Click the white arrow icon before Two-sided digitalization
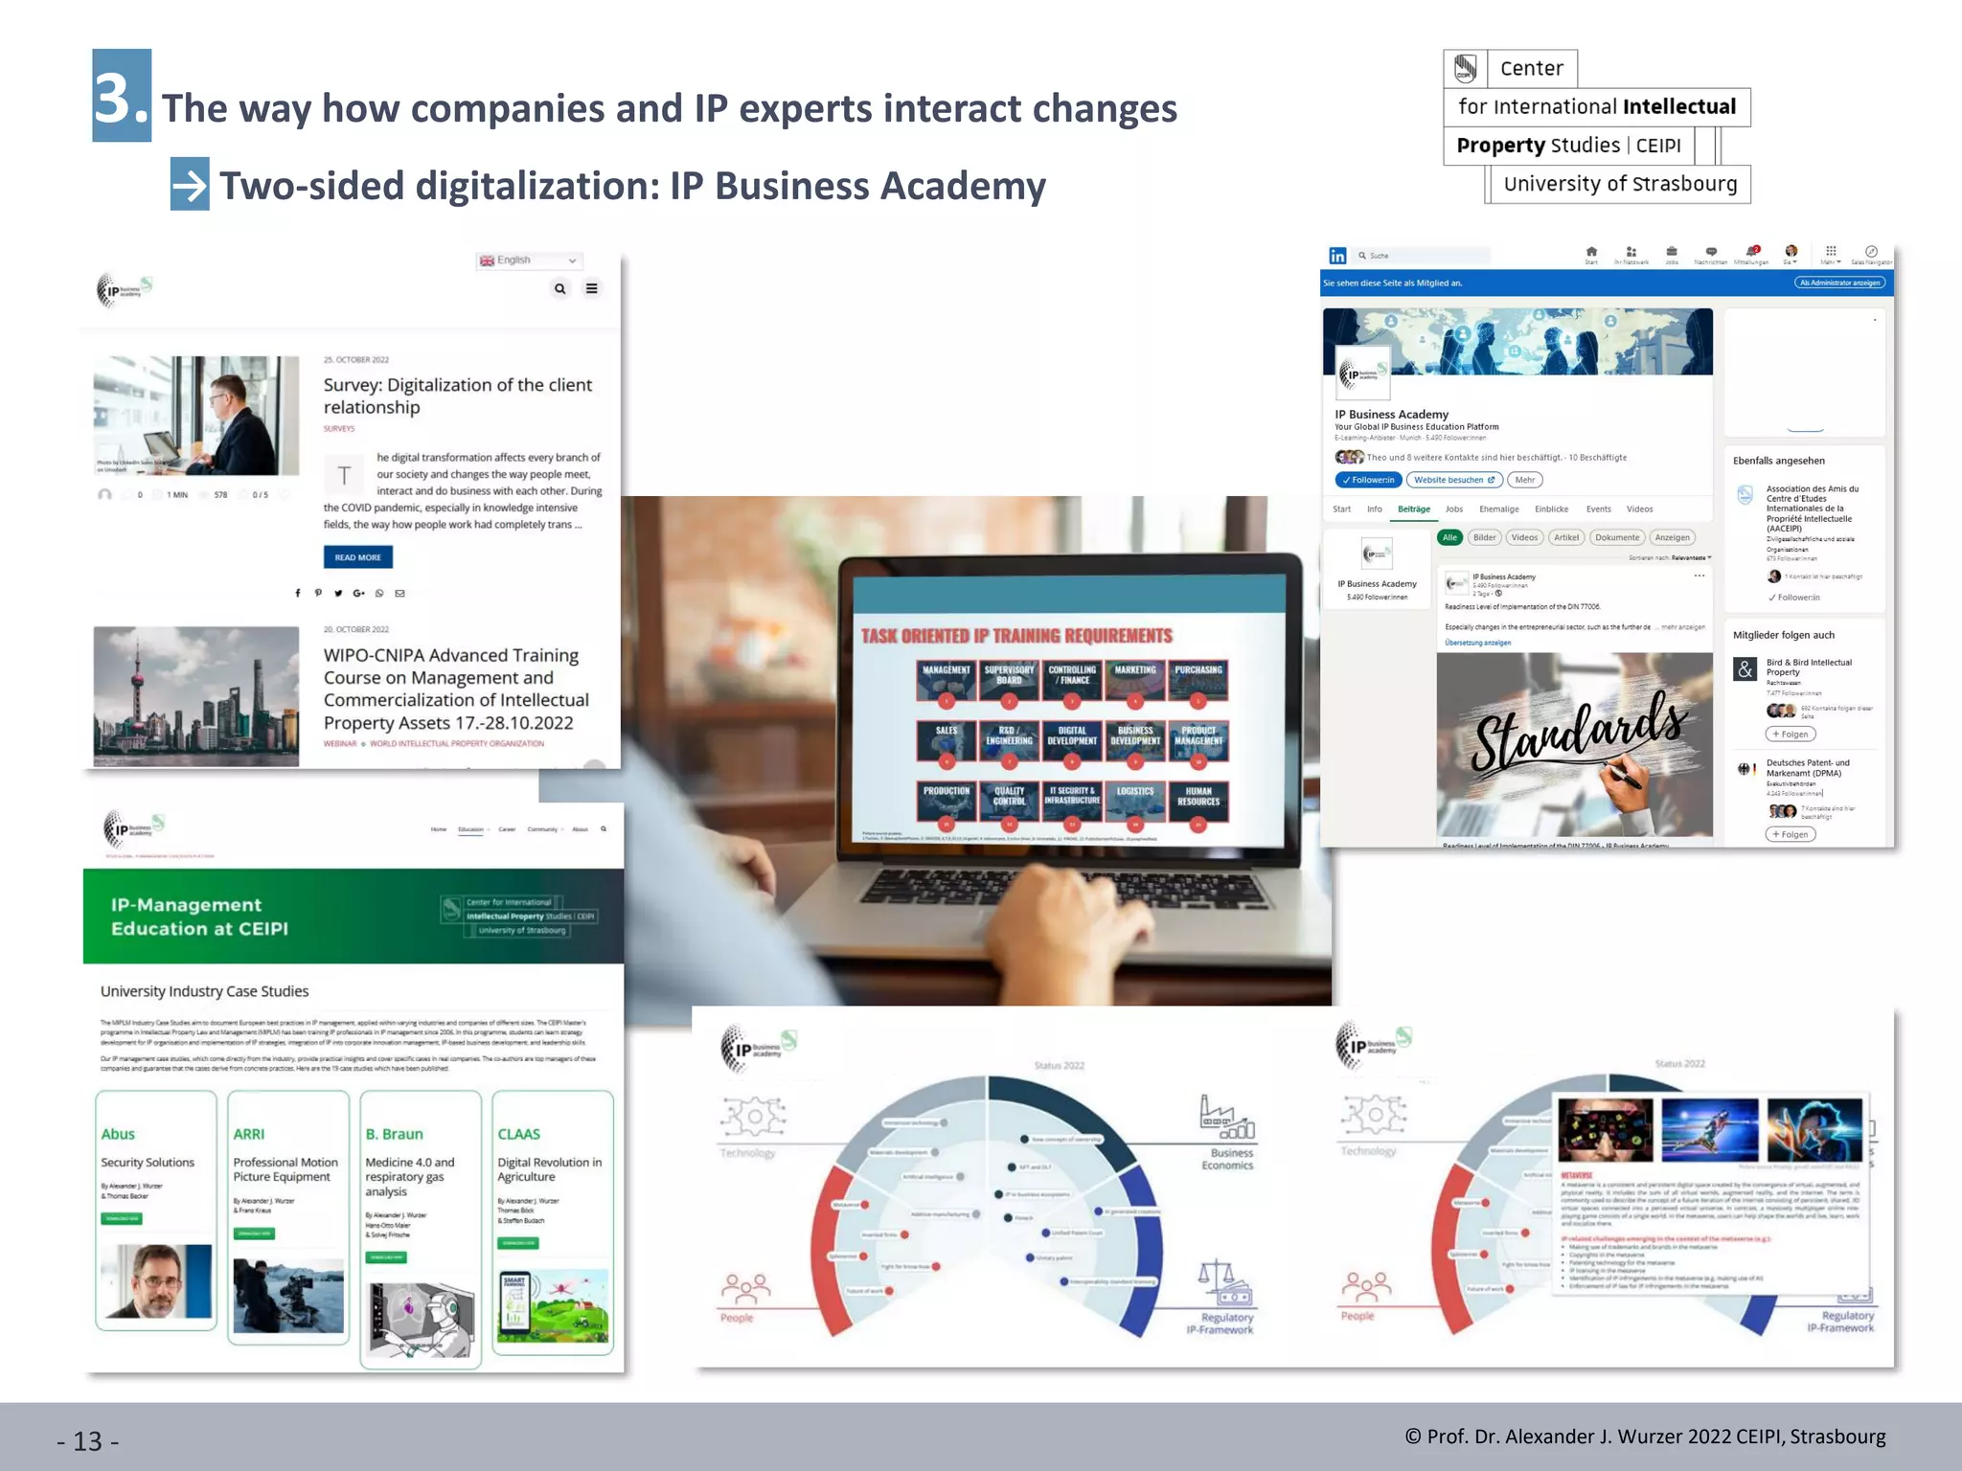click(x=190, y=184)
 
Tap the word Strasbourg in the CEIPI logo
click(x=1683, y=184)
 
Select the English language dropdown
click(x=529, y=260)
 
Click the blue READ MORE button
click(x=357, y=557)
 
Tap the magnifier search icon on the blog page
click(x=560, y=288)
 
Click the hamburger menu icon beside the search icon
click(x=592, y=288)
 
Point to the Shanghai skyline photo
click(x=196, y=695)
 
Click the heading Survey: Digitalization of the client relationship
click(x=457, y=396)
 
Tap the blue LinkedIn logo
click(x=1337, y=256)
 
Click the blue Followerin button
click(x=1368, y=480)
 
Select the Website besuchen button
click(x=1453, y=480)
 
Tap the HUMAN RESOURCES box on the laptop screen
click(x=1198, y=798)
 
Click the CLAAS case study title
click(x=518, y=1134)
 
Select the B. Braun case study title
click(x=394, y=1134)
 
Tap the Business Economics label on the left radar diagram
click(x=1227, y=1159)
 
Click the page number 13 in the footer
click(x=88, y=1441)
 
